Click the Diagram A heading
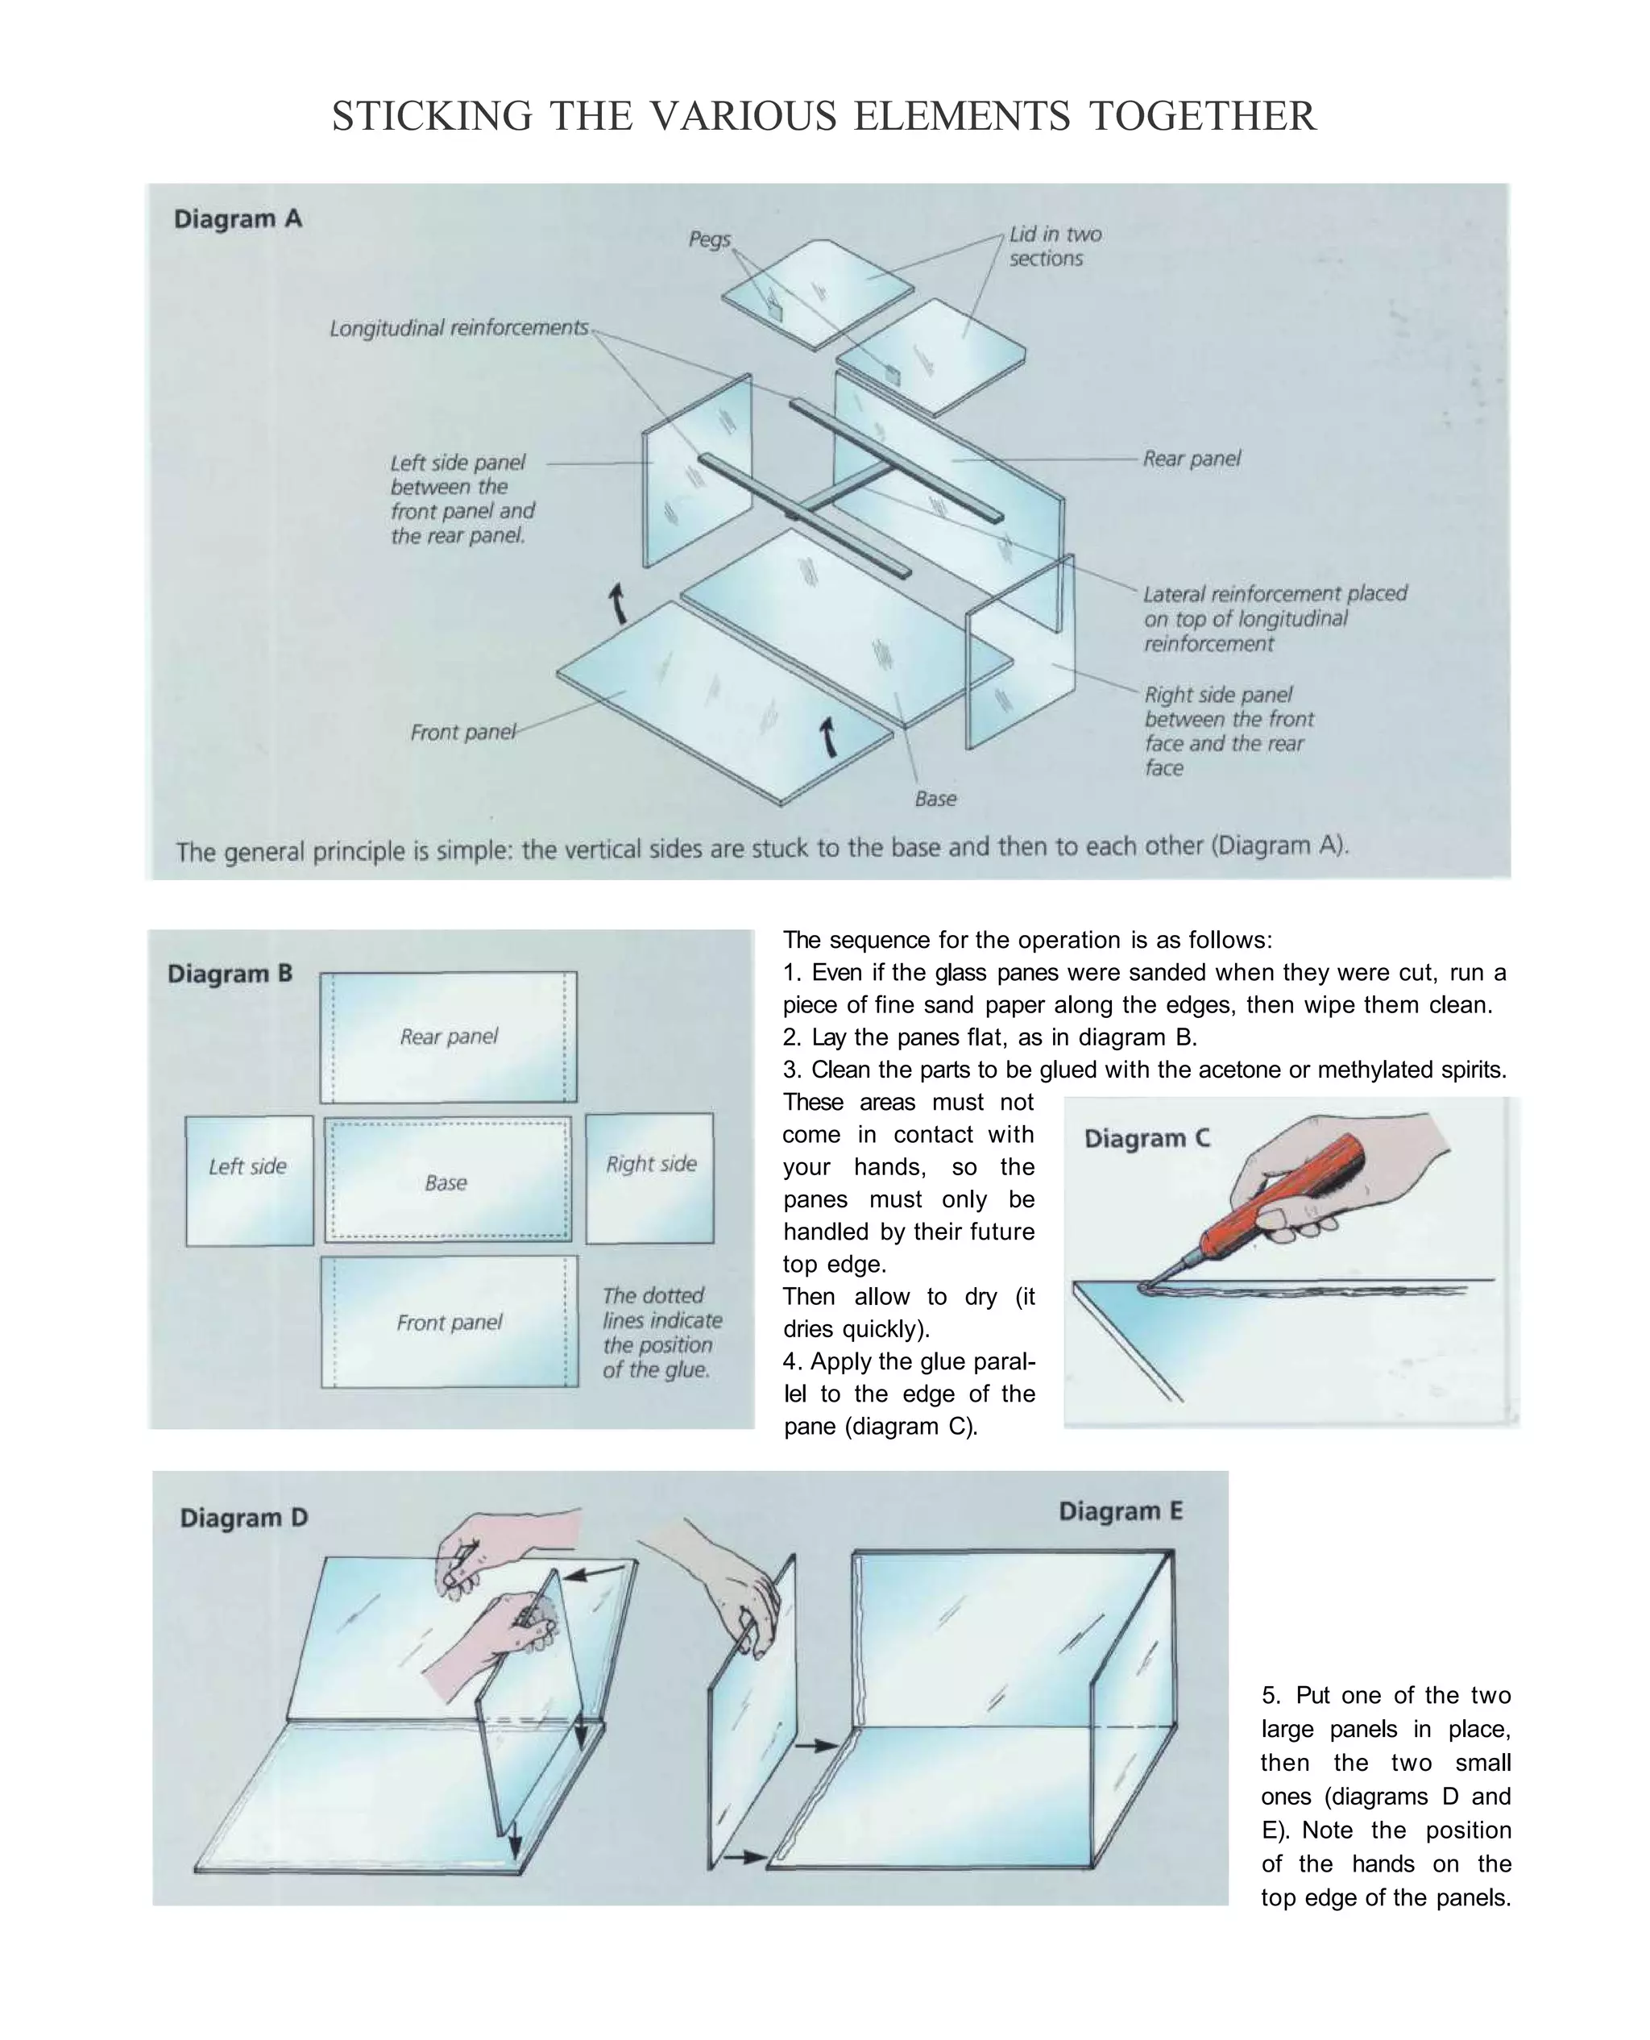click(x=238, y=218)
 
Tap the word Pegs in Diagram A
click(x=709, y=239)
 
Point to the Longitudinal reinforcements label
click(x=459, y=328)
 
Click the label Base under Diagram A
click(x=935, y=799)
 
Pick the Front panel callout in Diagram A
click(x=462, y=732)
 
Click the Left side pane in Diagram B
click(x=249, y=1181)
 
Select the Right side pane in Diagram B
click(x=650, y=1178)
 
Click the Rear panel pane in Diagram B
click(x=449, y=1037)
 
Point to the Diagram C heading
click(x=1146, y=1138)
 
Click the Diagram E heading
click(x=1121, y=1510)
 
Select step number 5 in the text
click(x=1271, y=1695)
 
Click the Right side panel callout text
click(x=1228, y=731)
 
